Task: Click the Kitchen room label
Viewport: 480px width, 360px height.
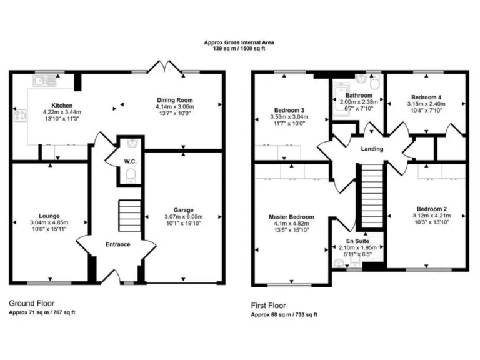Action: tap(62, 105)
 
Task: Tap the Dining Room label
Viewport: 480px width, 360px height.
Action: tap(174, 100)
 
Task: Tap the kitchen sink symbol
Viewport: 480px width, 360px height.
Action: tap(46, 79)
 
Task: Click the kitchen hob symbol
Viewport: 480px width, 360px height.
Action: tap(20, 115)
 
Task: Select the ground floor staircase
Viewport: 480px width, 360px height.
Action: tap(130, 216)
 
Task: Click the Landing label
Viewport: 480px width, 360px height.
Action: tap(372, 149)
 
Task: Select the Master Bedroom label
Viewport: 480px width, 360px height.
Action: tap(291, 217)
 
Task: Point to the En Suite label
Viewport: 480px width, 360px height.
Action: tap(359, 241)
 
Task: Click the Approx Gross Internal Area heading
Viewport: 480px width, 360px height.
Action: tap(239, 42)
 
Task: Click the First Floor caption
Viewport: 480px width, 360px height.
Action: tap(268, 306)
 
